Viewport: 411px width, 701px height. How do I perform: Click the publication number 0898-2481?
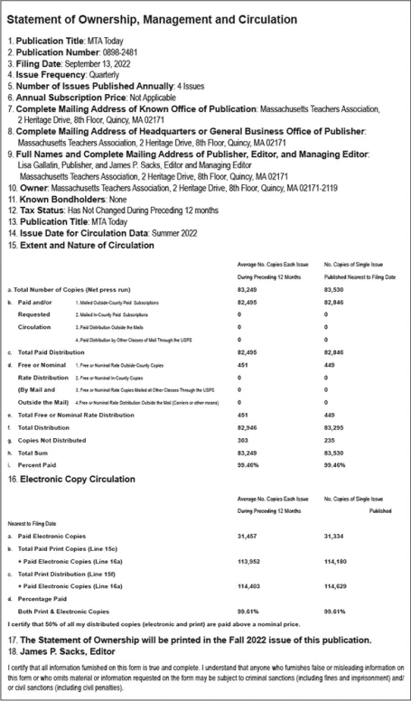pyautogui.click(x=118, y=53)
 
